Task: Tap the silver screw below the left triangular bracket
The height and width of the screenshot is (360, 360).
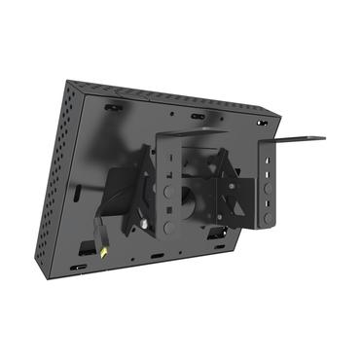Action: [x=146, y=225]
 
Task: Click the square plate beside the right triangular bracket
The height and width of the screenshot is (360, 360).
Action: [x=261, y=190]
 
